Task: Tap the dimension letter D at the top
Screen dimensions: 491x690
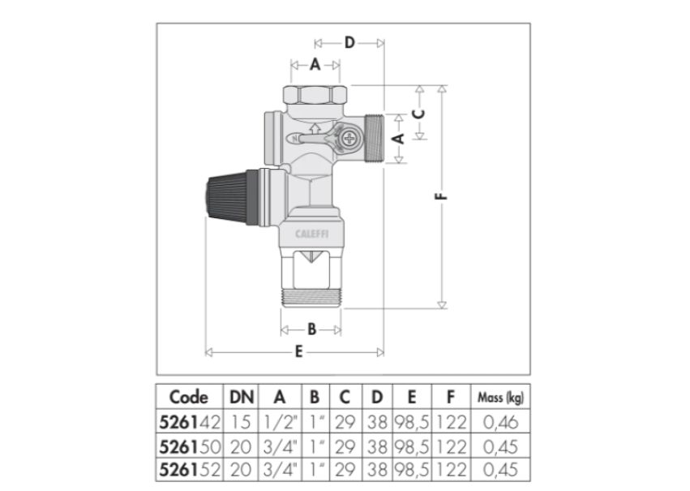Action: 349,42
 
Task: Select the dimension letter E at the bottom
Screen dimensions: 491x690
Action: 298,352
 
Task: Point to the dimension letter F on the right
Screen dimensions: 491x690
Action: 443,196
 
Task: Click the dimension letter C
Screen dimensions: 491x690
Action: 418,114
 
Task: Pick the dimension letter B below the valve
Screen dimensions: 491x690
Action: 311,330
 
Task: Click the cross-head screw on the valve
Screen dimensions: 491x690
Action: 350,138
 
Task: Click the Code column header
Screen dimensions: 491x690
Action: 188,398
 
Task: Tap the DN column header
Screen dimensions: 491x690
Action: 242,398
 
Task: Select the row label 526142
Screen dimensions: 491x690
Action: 188,422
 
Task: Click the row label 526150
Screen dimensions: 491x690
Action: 188,446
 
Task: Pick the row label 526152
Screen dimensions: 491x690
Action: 188,469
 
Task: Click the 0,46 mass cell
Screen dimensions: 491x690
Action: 499,422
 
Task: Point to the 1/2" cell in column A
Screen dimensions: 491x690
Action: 281,422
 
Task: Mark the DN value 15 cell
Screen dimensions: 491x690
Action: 242,422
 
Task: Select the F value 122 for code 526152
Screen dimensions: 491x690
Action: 451,469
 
